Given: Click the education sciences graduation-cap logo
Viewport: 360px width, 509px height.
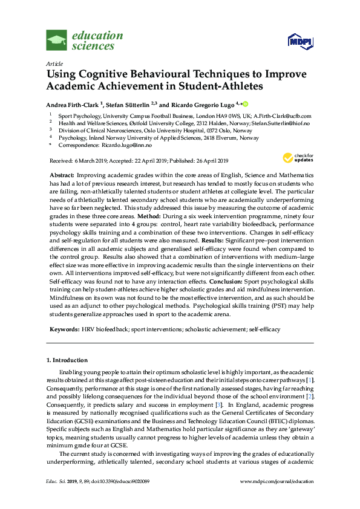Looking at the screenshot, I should click(x=56, y=41).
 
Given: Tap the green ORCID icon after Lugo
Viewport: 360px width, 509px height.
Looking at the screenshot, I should click(x=246, y=104).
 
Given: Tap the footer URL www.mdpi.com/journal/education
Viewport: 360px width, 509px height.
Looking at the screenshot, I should click(x=277, y=498).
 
